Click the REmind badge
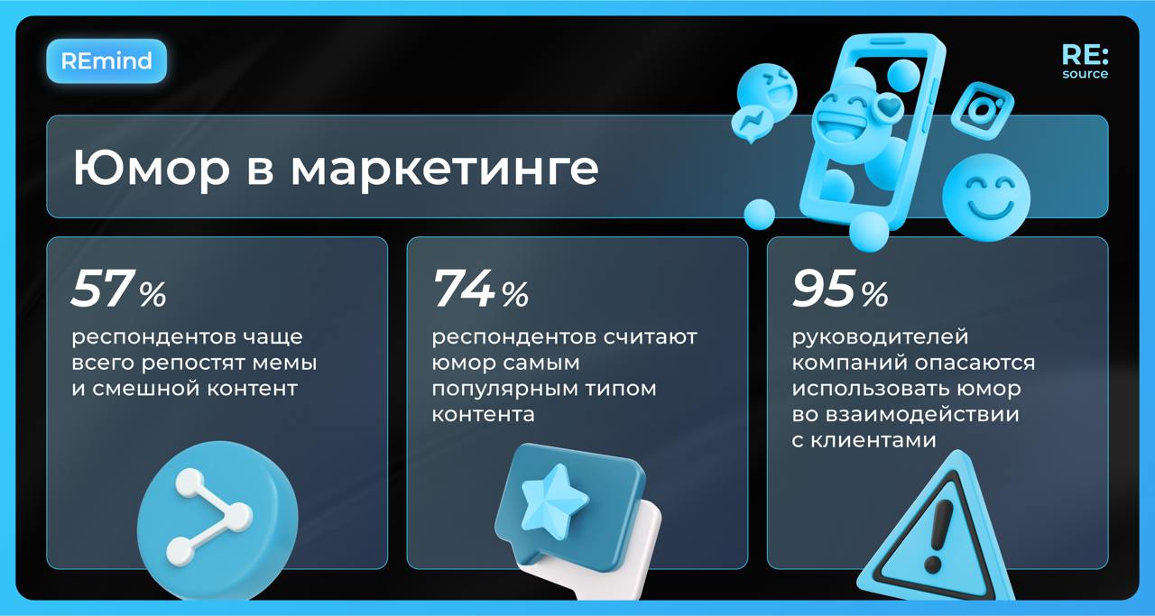[x=106, y=61]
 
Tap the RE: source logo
[x=1085, y=61]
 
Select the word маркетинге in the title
[x=444, y=169]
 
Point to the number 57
[x=102, y=290]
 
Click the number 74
[x=464, y=290]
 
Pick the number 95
[x=823, y=290]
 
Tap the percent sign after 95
[x=874, y=293]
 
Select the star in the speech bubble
[x=553, y=498]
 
